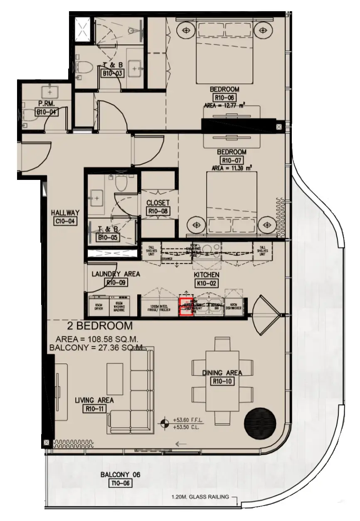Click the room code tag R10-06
[x=224, y=98]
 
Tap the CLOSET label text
[x=158, y=203]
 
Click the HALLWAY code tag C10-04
[x=65, y=221]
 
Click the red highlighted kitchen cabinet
[x=186, y=307]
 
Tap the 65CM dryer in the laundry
[x=99, y=307]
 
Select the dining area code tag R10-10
[x=222, y=381]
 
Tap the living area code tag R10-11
[x=94, y=409]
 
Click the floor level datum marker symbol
[x=165, y=423]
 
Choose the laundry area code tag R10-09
[x=116, y=283]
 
